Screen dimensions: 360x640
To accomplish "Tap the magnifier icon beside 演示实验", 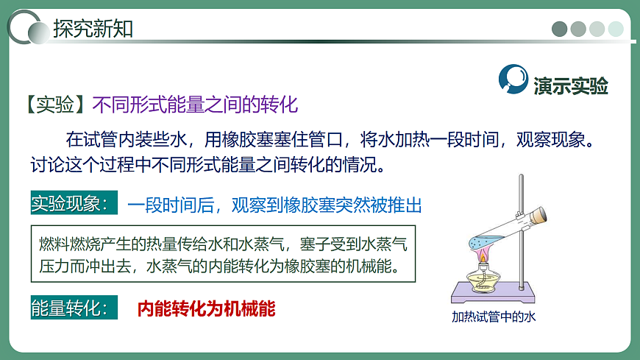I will click(x=513, y=79).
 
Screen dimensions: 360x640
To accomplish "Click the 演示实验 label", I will click(x=571, y=85).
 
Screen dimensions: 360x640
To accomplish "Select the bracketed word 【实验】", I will click(x=54, y=105).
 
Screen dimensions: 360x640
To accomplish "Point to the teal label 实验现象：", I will click(x=74, y=203).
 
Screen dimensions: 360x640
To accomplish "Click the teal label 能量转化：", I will click(x=74, y=308).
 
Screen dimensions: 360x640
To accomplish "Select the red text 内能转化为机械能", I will click(x=206, y=308).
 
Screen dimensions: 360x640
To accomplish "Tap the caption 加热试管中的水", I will click(x=494, y=317).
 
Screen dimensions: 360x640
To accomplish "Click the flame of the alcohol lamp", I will click(x=483, y=256).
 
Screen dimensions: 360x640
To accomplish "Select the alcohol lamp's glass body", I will click(x=483, y=283).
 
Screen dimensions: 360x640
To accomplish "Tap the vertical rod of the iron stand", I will click(x=522, y=236).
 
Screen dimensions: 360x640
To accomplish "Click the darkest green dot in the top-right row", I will click(x=560, y=29).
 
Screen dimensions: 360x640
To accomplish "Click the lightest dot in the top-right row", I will click(x=616, y=29).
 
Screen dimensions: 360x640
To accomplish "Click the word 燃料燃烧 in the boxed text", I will click(x=64, y=244).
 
